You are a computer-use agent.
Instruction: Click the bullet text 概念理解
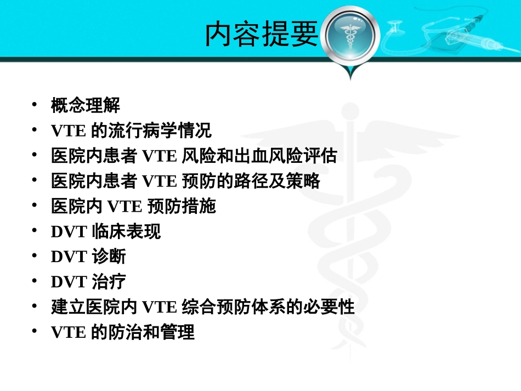coord(85,105)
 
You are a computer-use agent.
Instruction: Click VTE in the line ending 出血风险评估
coord(159,156)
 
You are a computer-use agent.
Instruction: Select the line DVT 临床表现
coord(106,232)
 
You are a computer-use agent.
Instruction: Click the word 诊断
coord(109,257)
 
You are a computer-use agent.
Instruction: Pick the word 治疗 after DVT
coord(109,282)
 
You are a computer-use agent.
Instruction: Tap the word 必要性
coord(337,308)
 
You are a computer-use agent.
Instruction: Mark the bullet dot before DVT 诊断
coord(35,256)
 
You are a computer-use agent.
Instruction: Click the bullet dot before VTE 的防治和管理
coord(35,332)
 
